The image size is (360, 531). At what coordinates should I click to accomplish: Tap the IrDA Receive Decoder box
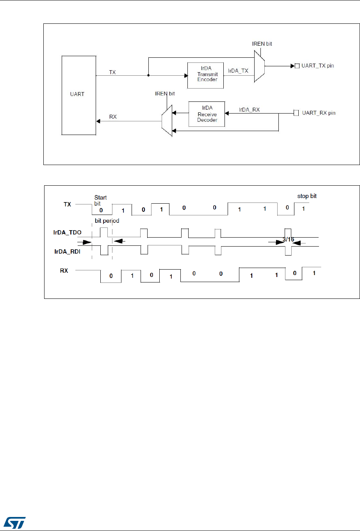tap(207, 114)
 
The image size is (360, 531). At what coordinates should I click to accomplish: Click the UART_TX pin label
tap(317, 66)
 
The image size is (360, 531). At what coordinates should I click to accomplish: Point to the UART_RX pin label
tap(319, 113)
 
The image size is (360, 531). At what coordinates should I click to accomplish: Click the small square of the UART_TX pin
tap(297, 66)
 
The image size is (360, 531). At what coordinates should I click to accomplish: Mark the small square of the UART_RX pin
tap(296, 113)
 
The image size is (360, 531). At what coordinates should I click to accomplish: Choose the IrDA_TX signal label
tap(238, 71)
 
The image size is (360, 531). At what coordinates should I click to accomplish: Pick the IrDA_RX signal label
tap(250, 110)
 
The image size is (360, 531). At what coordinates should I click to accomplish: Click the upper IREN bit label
tap(262, 44)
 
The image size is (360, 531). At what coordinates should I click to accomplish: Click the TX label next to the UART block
tap(112, 72)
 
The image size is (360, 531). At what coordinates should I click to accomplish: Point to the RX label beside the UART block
tap(113, 117)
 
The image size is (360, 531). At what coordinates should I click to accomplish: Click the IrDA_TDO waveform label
tap(68, 233)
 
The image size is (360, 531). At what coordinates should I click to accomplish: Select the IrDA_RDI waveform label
tap(68, 252)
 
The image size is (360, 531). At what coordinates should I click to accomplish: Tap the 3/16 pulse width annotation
tap(289, 240)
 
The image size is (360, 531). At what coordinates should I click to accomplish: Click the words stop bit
tap(307, 196)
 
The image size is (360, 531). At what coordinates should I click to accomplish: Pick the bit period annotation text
tap(107, 221)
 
